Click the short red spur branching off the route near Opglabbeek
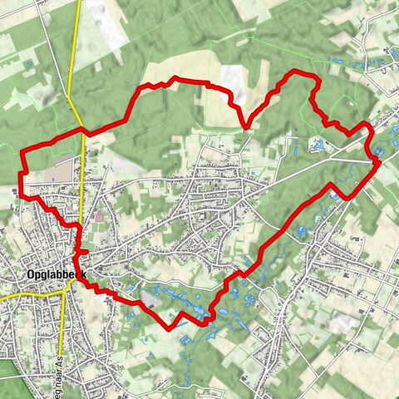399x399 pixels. point(82,250)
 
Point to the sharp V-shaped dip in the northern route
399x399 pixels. point(246,127)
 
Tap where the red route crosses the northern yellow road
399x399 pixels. point(84,131)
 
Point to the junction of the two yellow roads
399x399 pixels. point(65,293)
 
